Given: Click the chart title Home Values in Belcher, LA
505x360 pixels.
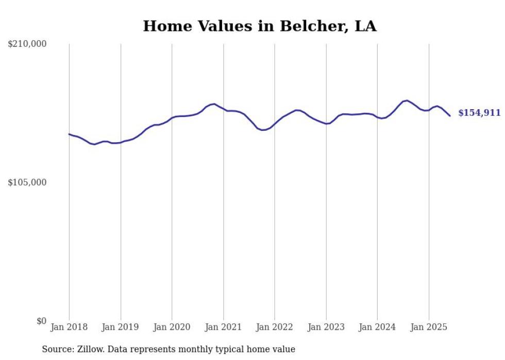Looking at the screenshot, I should [260, 26].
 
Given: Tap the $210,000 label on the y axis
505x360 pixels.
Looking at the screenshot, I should [27, 44].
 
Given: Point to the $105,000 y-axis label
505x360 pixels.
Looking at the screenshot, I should [27, 182].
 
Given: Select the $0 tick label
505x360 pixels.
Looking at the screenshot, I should [41, 321].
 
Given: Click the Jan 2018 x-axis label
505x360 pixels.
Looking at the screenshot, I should [69, 327].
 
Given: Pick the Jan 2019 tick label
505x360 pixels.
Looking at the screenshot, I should [121, 327].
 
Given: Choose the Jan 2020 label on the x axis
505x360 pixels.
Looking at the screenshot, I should [172, 327].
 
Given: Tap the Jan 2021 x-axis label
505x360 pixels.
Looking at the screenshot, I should [223, 327].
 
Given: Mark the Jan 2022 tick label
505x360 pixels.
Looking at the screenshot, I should [275, 327].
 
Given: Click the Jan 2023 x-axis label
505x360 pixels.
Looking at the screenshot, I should [326, 327].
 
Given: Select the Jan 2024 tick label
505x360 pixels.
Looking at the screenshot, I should [377, 327].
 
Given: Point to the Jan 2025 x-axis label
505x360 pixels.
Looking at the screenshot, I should [429, 327].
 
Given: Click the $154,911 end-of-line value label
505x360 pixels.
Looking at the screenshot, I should [479, 113].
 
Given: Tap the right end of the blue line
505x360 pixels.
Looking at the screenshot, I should [450, 116].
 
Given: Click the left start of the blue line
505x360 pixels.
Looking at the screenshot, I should [69, 134].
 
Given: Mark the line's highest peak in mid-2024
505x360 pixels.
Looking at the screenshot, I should [407, 100].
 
